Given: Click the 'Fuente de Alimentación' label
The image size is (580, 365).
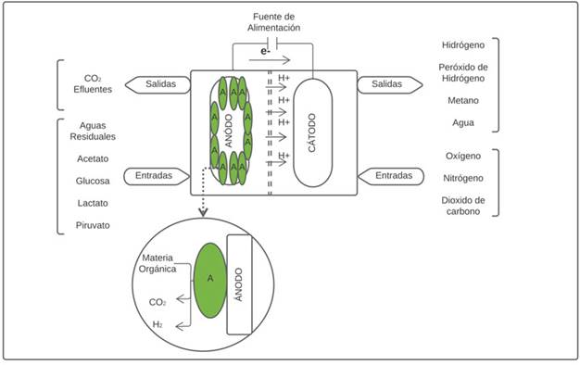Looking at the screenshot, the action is coord(273,22).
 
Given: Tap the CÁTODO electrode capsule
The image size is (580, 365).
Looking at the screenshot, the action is coord(312,132).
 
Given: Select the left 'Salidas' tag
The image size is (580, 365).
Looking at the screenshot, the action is coord(158,84).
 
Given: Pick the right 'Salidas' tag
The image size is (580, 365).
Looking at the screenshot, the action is coord(389,84).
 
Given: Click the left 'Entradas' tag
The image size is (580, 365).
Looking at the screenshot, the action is coord(157,176).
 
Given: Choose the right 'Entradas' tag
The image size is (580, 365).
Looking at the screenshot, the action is coord(391,176).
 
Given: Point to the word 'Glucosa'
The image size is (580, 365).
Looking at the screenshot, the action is coord(93,181).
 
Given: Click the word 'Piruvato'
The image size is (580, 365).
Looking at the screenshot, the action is coord(93,225).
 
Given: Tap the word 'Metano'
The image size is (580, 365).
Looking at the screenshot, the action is coord(463,100).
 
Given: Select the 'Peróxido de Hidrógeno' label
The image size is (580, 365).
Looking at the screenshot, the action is coord(463,73).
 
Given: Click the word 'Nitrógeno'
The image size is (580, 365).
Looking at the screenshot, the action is coord(463,178).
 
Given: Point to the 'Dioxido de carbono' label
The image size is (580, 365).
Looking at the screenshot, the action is coord(463,206).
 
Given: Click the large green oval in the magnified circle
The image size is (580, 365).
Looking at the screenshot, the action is coord(210,280).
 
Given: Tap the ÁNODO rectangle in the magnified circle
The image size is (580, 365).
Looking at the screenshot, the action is coord(239,284).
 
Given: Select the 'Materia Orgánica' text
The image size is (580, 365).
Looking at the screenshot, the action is coord(158,263).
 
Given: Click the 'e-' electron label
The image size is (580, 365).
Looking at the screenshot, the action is coord(264,51).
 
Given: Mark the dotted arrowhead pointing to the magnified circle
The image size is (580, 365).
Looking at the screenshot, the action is coord(203,212).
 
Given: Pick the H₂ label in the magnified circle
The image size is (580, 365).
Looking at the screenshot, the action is coord(158,324).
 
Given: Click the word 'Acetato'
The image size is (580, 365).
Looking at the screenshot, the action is coord(93,158).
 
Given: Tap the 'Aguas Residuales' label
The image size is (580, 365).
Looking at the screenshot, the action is coord(93,132).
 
